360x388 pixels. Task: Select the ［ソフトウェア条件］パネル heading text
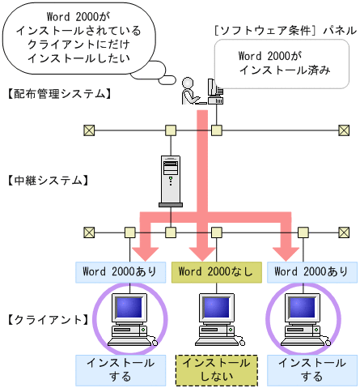tap(284, 30)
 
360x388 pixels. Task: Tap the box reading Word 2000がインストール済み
tap(285, 63)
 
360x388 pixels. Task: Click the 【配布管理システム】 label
tap(57, 94)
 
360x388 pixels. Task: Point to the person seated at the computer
tap(189, 91)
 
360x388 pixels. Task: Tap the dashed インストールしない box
tap(216, 370)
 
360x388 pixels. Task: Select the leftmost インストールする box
tap(121, 370)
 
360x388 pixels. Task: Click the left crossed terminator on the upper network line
tap(88, 130)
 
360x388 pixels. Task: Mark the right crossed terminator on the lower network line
tap(343, 232)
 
